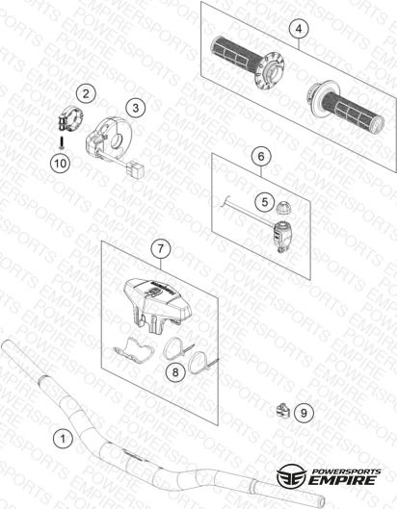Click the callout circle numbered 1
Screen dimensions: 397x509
[x=63, y=438]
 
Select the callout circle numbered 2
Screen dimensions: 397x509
[x=86, y=93]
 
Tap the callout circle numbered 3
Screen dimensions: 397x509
[x=136, y=108]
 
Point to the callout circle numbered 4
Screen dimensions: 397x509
[x=299, y=29]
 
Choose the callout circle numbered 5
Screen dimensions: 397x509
[x=265, y=202]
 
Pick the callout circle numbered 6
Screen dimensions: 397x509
[x=261, y=157]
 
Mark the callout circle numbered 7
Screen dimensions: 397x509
[x=160, y=248]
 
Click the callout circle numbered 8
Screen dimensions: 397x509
[x=175, y=372]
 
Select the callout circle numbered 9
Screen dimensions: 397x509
[x=304, y=413]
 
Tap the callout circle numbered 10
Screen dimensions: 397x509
[x=61, y=163]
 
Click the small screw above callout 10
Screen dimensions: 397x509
[x=62, y=143]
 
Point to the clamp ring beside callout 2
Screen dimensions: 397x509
[x=70, y=118]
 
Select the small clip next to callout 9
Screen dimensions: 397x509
[x=283, y=411]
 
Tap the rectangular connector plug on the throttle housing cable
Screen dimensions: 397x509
[x=136, y=169]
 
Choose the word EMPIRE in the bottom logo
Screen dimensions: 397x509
[x=343, y=480]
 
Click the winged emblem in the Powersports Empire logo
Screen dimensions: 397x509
[x=291, y=476]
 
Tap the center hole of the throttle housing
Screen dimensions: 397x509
[x=116, y=141]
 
